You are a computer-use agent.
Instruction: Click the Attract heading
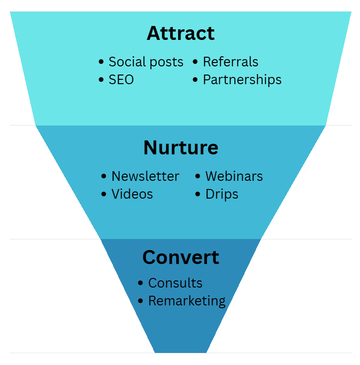180,33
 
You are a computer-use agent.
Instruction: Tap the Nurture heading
180,148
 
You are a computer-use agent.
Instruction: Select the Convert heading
180,257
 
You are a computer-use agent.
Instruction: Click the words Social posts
146,62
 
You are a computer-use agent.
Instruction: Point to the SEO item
121,79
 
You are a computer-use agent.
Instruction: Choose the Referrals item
231,62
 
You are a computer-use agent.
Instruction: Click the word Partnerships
242,79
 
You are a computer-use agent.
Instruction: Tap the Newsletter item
145,176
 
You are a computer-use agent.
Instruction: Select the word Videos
132,194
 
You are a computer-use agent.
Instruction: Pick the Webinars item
234,176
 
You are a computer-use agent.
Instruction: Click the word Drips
221,194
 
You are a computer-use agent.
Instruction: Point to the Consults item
175,283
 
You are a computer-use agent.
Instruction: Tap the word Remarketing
187,301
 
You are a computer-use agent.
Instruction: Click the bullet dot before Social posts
101,62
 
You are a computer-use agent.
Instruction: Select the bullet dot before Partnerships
195,79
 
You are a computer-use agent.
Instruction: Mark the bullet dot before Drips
198,194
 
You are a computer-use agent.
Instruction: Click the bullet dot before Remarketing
141,301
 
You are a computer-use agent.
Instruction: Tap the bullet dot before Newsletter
104,176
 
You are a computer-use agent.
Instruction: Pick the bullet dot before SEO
101,79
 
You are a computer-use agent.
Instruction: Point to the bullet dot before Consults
141,283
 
